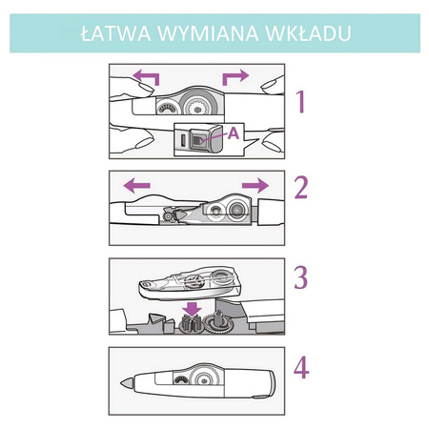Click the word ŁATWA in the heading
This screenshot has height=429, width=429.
click(x=115, y=33)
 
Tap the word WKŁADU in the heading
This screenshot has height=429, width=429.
click(x=308, y=33)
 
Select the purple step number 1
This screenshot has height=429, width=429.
click(x=301, y=102)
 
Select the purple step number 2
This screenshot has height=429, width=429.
click(x=301, y=188)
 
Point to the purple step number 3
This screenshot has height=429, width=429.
click(x=300, y=277)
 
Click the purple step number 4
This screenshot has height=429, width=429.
click(x=301, y=367)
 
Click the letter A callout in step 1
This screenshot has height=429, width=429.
click(x=234, y=133)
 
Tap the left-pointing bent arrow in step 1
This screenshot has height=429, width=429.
click(x=146, y=77)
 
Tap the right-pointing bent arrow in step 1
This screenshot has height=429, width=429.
click(x=235, y=77)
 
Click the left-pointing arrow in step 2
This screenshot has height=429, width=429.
click(x=136, y=185)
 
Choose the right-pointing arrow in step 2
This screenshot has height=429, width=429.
click(x=255, y=185)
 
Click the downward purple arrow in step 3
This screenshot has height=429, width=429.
click(x=193, y=308)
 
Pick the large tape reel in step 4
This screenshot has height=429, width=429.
click(x=204, y=378)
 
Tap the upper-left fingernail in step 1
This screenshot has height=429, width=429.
click(x=146, y=88)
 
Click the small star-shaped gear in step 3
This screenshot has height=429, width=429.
click(x=190, y=324)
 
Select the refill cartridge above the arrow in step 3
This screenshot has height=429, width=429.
click(x=190, y=283)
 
